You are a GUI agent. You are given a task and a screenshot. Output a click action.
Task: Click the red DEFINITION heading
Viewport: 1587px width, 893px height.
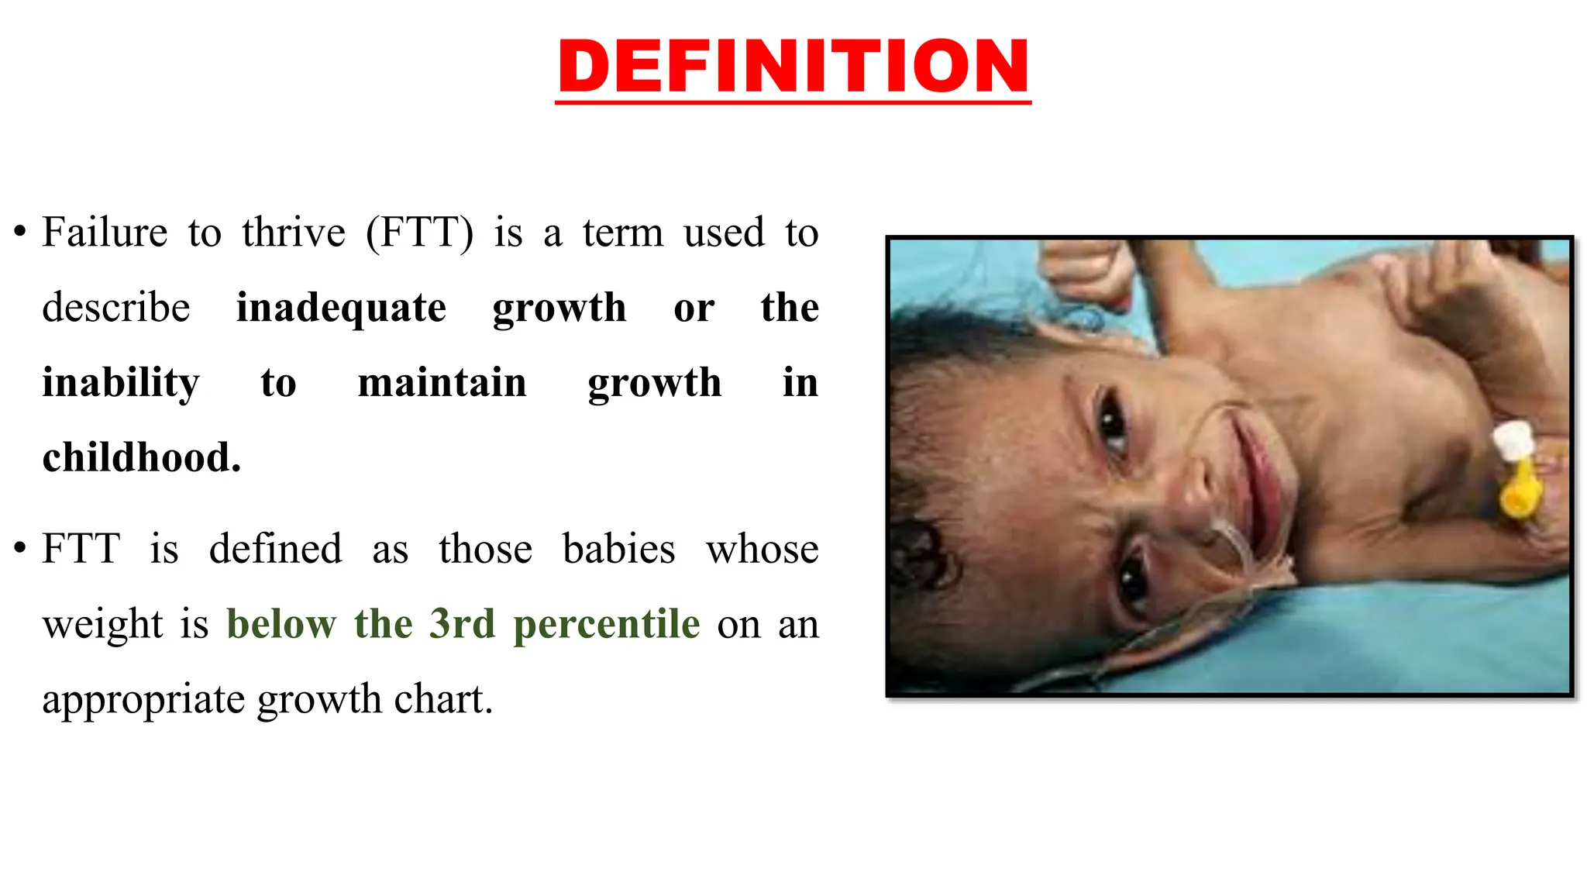(793, 67)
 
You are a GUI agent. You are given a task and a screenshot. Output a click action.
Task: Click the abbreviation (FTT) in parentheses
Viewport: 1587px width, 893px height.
(418, 233)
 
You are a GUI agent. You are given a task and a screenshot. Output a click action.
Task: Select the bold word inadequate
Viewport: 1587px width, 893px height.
(341, 308)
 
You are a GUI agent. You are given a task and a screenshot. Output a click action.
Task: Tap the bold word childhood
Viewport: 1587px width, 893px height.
(141, 457)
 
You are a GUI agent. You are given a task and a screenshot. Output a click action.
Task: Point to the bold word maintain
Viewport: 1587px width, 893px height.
(442, 383)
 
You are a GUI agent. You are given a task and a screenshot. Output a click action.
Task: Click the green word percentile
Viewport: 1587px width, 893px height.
(607, 624)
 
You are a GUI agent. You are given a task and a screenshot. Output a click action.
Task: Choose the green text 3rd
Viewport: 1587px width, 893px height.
(462, 624)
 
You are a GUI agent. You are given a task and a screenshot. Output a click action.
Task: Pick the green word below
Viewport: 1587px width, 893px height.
(281, 624)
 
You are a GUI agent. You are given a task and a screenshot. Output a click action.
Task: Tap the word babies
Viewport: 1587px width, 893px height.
(618, 549)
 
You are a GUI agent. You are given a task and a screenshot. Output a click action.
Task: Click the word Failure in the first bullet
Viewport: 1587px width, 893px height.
(105, 233)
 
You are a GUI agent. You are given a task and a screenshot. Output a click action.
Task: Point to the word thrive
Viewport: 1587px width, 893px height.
(293, 233)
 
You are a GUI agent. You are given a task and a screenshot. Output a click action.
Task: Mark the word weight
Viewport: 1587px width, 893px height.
(102, 625)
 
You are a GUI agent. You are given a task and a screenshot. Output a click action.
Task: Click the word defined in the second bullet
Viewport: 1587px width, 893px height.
(275, 549)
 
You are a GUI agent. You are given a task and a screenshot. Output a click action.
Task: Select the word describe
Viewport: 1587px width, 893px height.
(115, 308)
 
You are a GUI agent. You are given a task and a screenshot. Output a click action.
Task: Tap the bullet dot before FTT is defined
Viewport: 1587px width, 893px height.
(20, 548)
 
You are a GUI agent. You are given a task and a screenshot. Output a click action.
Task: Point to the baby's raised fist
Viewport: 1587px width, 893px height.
(1085, 271)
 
